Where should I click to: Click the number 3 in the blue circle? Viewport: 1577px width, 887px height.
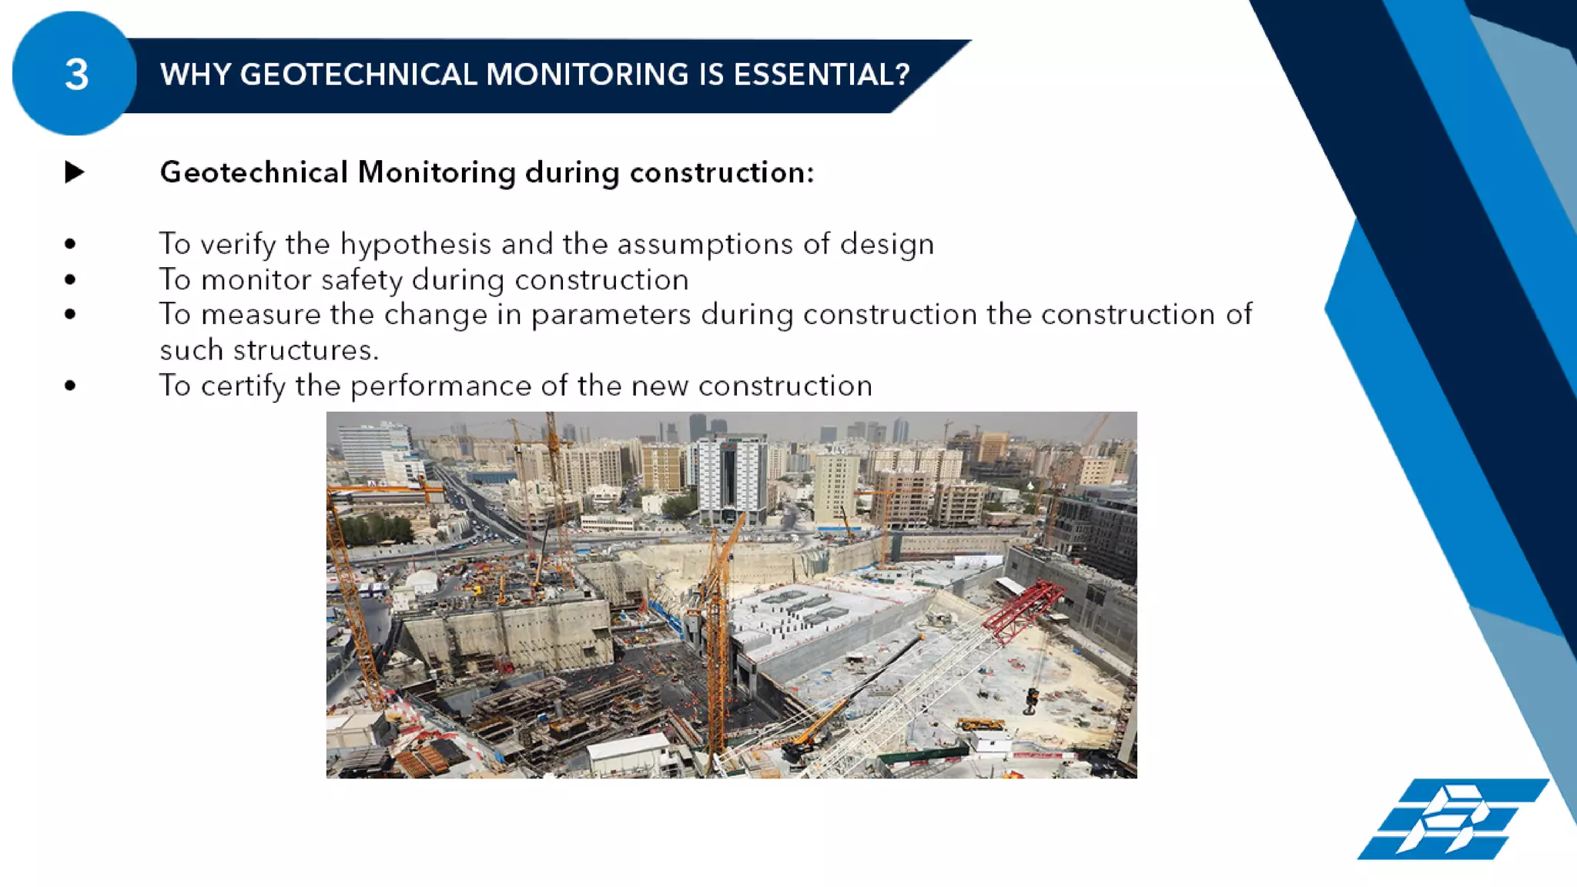point(76,75)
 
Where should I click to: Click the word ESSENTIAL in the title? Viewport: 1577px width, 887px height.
point(821,75)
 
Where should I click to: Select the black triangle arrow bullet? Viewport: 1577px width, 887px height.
point(75,172)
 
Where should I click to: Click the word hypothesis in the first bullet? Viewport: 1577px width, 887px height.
point(415,244)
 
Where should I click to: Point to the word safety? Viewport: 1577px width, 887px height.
point(361,279)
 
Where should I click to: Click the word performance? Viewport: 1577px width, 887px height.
point(440,386)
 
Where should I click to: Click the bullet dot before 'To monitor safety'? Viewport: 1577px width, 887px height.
point(71,279)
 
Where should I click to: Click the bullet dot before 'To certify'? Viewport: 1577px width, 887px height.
point(71,386)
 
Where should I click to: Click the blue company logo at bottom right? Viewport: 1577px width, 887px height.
point(1452,819)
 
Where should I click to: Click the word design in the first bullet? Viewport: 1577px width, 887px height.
point(886,244)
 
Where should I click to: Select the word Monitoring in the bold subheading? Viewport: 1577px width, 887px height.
point(436,172)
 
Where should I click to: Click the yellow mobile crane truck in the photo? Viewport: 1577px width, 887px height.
point(979,725)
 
